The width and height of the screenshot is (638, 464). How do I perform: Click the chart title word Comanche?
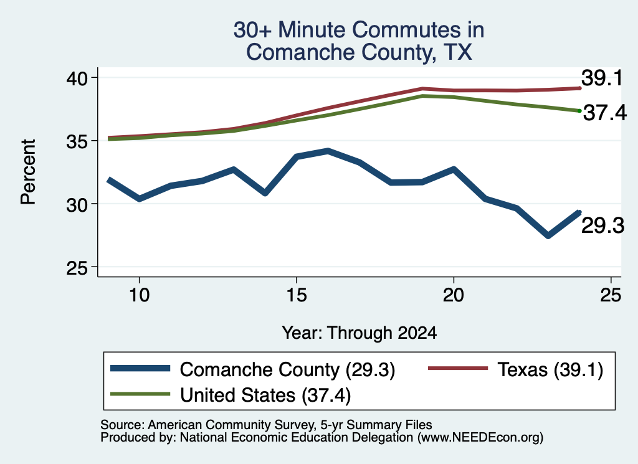click(300, 52)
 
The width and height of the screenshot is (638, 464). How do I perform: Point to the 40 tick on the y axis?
click(95, 77)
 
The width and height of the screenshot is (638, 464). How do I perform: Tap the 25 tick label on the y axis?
click(77, 268)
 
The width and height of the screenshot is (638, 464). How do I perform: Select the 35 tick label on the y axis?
click(77, 141)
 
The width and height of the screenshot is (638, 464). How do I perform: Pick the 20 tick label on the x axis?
click(454, 295)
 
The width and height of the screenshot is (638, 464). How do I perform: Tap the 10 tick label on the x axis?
click(140, 295)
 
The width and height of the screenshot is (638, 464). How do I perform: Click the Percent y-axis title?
click(28, 172)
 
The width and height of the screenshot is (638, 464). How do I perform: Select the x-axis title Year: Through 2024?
click(359, 333)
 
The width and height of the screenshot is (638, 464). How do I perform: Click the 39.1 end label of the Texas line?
click(602, 78)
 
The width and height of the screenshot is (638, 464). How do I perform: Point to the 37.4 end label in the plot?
click(605, 113)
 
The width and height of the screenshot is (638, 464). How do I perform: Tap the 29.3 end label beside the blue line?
click(602, 225)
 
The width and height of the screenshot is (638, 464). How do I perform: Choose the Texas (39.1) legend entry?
click(516, 370)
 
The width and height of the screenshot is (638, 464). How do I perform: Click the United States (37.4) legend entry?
click(231, 395)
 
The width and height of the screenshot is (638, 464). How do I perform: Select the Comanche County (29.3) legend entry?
click(253, 370)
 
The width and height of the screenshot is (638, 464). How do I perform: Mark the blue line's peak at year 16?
click(328, 151)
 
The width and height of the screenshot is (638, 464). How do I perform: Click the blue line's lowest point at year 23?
click(548, 235)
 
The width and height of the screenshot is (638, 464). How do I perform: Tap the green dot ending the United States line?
click(579, 111)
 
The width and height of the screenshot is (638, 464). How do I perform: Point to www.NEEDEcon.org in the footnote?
click(480, 438)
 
